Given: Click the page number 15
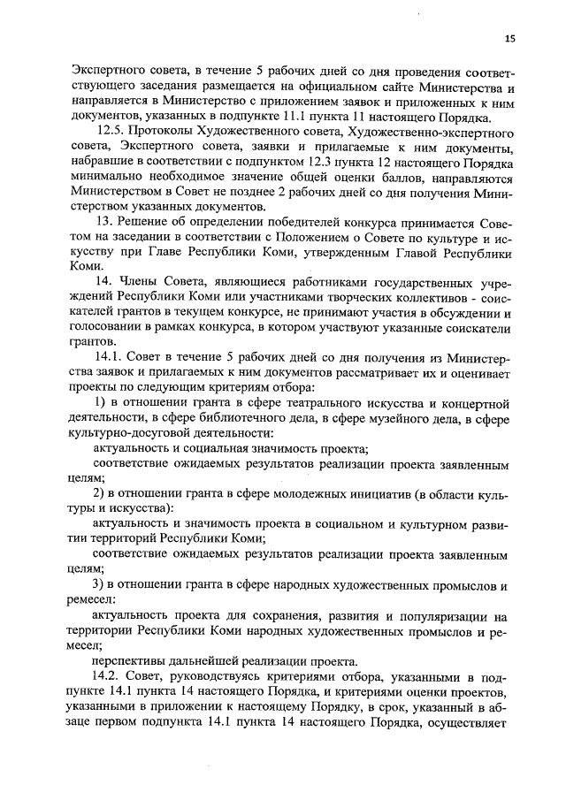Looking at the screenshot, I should tap(510, 38).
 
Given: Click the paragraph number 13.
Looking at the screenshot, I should tap(102, 221).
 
